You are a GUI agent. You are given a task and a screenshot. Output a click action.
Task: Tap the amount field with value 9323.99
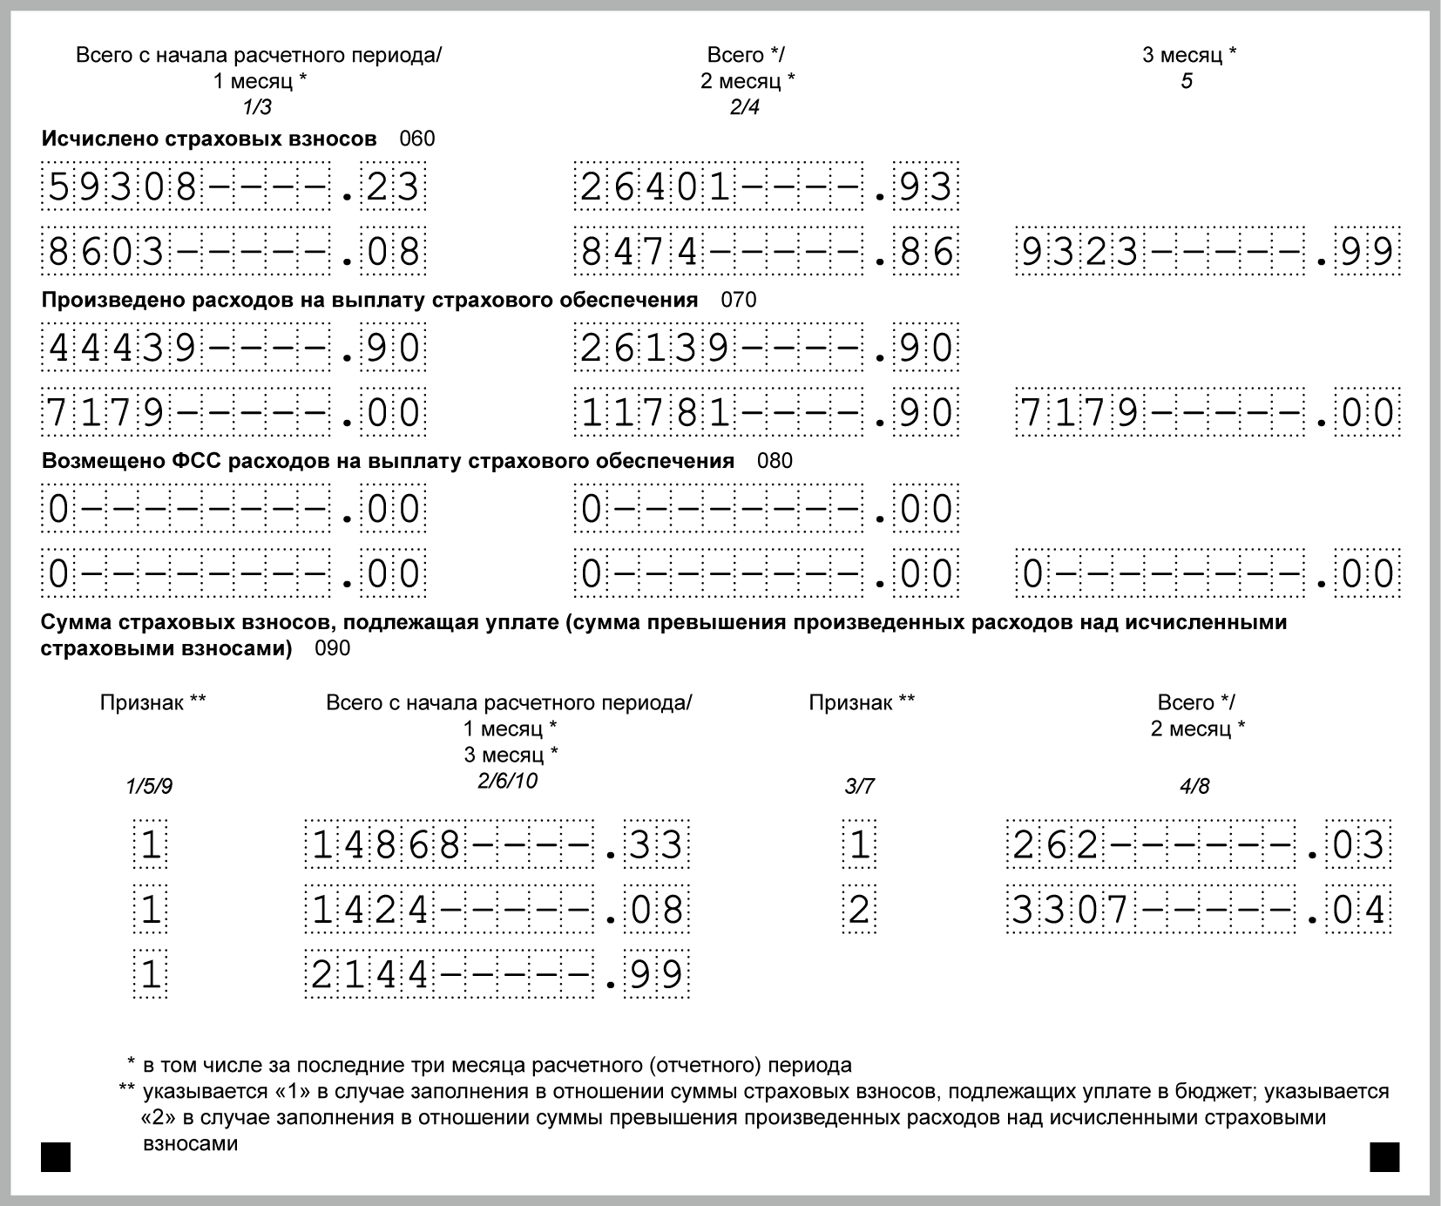pos(1208,252)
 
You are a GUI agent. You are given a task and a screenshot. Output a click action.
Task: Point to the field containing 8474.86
pos(766,252)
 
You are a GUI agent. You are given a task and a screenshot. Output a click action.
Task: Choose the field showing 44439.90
pos(233,349)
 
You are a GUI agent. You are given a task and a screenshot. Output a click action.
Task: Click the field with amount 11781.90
pos(766,413)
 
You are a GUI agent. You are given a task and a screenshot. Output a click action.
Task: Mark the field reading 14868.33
pos(497,844)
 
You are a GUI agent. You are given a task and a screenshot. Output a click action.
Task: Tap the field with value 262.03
pos(1198,844)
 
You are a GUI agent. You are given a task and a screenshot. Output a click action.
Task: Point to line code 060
pos(416,139)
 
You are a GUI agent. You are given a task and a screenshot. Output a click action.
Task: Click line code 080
pos(775,461)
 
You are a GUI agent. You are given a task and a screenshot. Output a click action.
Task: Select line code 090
pos(332,648)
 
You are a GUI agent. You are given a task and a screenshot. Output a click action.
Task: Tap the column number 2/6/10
pos(507,780)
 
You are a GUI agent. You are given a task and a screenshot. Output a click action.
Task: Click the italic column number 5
pos(1187,82)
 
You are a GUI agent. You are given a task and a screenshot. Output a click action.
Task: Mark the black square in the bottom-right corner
pos(1384,1157)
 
